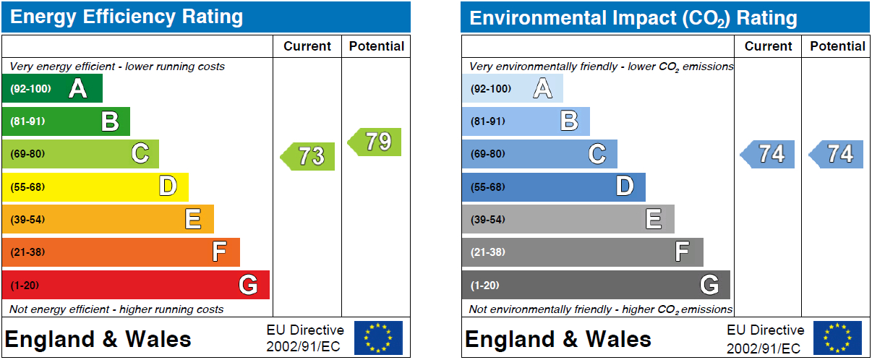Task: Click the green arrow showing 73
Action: click(x=307, y=156)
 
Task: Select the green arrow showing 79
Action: click(x=375, y=142)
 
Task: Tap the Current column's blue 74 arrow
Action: click(x=767, y=154)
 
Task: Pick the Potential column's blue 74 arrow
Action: click(x=836, y=154)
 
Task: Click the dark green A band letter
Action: click(x=78, y=89)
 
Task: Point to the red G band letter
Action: click(x=248, y=285)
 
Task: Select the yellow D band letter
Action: click(x=168, y=186)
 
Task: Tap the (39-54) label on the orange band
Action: click(x=27, y=220)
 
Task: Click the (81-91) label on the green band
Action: click(x=27, y=121)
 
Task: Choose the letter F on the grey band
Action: click(x=683, y=252)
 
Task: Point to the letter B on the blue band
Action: click(x=570, y=121)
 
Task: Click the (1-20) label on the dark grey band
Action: click(x=484, y=286)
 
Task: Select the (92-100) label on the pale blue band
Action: click(x=491, y=89)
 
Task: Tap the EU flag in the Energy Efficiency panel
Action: click(x=378, y=338)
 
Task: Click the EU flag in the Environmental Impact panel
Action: click(x=837, y=338)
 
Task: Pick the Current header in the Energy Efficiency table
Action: click(x=307, y=46)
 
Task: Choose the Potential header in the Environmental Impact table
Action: click(x=837, y=46)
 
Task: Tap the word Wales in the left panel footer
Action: click(x=158, y=339)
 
